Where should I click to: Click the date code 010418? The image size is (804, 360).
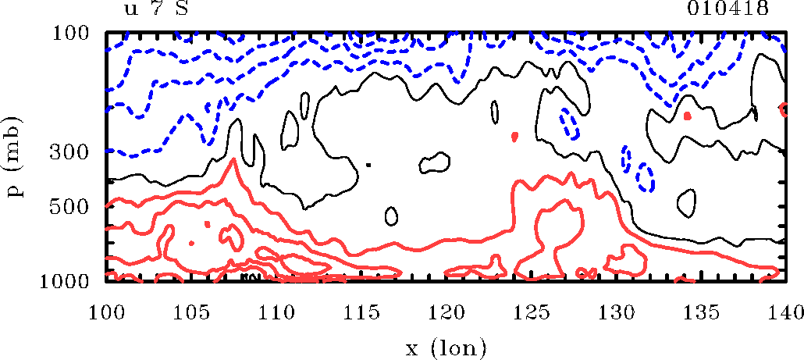point(728,9)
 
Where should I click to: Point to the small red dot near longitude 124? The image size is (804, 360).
point(515,137)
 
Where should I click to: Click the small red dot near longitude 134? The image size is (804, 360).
point(687,116)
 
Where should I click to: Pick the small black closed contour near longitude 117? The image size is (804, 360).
point(392,216)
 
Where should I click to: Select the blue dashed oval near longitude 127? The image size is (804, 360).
point(570,123)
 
